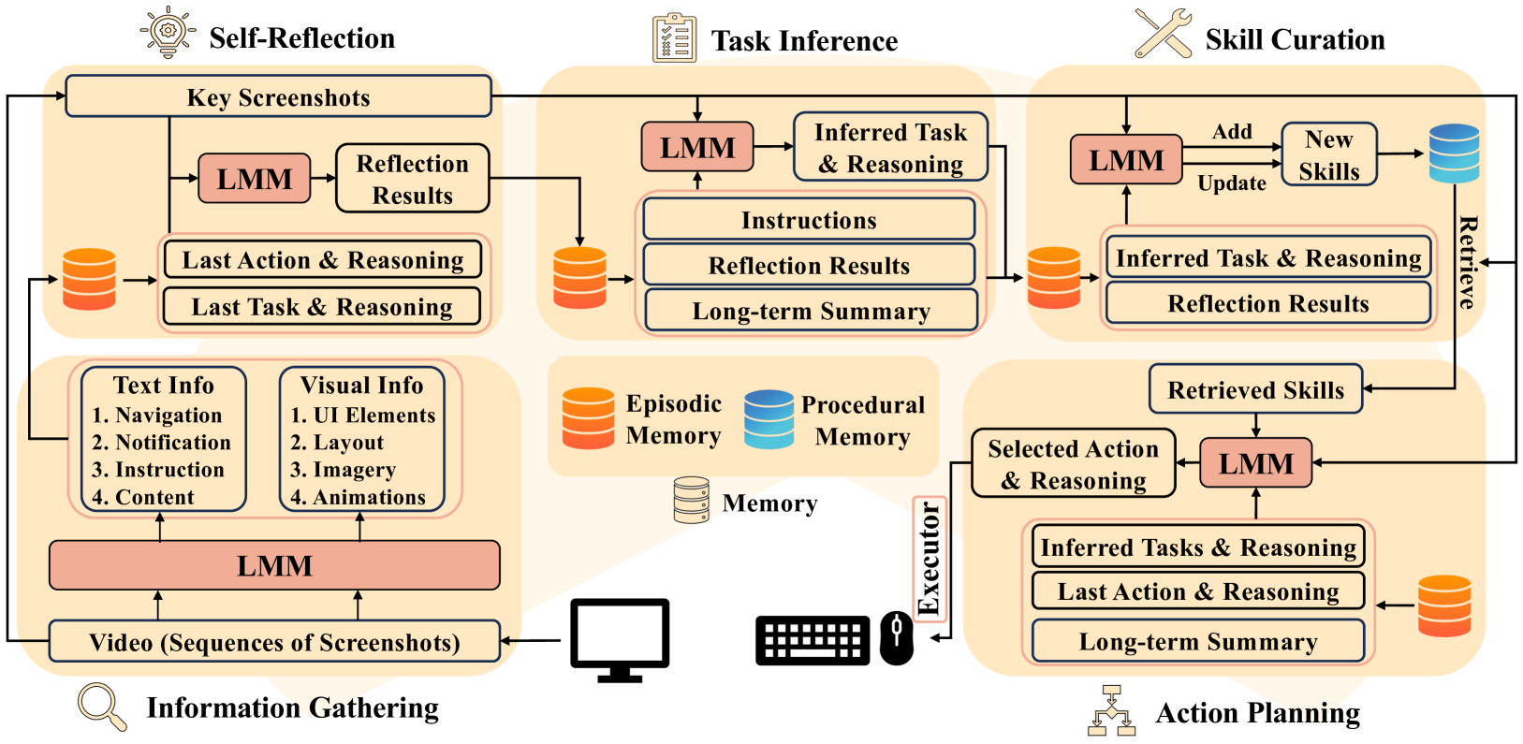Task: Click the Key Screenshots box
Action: pos(278,96)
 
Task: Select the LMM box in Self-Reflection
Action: pos(254,179)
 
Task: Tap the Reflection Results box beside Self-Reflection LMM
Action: pos(412,179)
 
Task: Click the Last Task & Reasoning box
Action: pos(321,307)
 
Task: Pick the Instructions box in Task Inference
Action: pos(809,220)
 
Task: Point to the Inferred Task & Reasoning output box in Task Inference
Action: pos(890,148)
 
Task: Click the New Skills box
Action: pos(1328,154)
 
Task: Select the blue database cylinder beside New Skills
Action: pos(1454,153)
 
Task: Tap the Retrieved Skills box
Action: pos(1255,389)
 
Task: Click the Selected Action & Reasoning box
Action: pos(1073,464)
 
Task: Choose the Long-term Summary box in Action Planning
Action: pos(1197,641)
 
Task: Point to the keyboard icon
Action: pos(813,640)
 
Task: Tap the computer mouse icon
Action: pos(897,638)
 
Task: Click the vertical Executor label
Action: pos(930,559)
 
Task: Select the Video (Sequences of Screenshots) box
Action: pos(274,642)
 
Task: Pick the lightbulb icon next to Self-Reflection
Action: pos(168,33)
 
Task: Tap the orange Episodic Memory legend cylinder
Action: pos(588,418)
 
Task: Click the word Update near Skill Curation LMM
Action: pos(1231,183)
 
